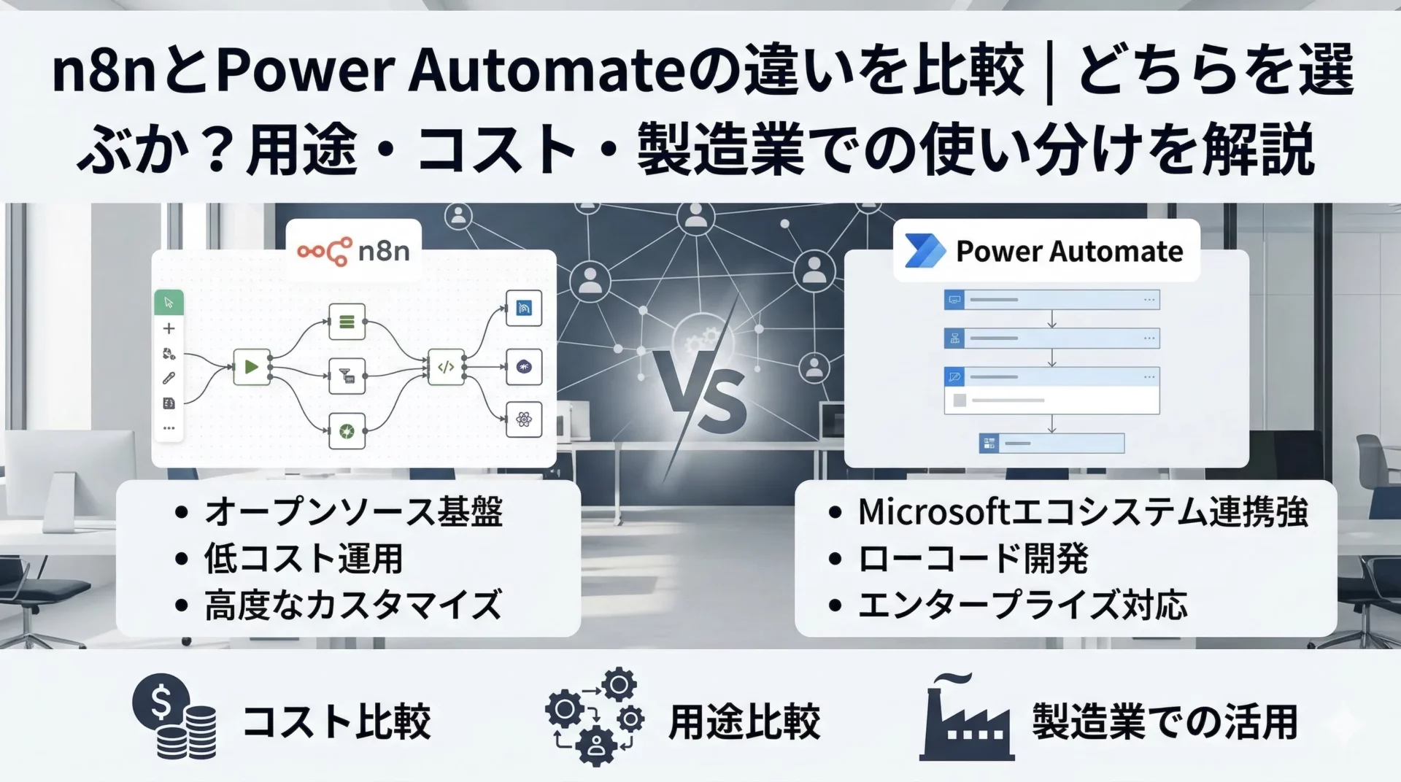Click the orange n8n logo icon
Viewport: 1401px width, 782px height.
324,251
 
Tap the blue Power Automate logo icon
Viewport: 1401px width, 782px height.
925,251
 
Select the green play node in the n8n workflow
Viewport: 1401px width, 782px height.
251,367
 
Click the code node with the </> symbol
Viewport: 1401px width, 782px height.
446,367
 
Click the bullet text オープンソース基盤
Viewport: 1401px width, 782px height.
353,511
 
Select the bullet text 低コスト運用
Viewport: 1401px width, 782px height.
303,559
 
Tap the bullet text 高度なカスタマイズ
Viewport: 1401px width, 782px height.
353,605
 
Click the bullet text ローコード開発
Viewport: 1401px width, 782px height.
973,559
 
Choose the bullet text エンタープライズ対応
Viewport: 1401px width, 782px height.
1022,605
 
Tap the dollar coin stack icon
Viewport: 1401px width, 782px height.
175,716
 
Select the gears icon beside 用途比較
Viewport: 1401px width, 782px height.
595,716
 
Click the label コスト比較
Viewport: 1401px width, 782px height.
336,721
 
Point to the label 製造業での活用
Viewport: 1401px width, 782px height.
1165,721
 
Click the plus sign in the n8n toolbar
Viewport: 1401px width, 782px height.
169,329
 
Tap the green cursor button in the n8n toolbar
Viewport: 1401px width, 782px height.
169,302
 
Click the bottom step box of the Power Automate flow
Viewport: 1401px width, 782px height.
1051,443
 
